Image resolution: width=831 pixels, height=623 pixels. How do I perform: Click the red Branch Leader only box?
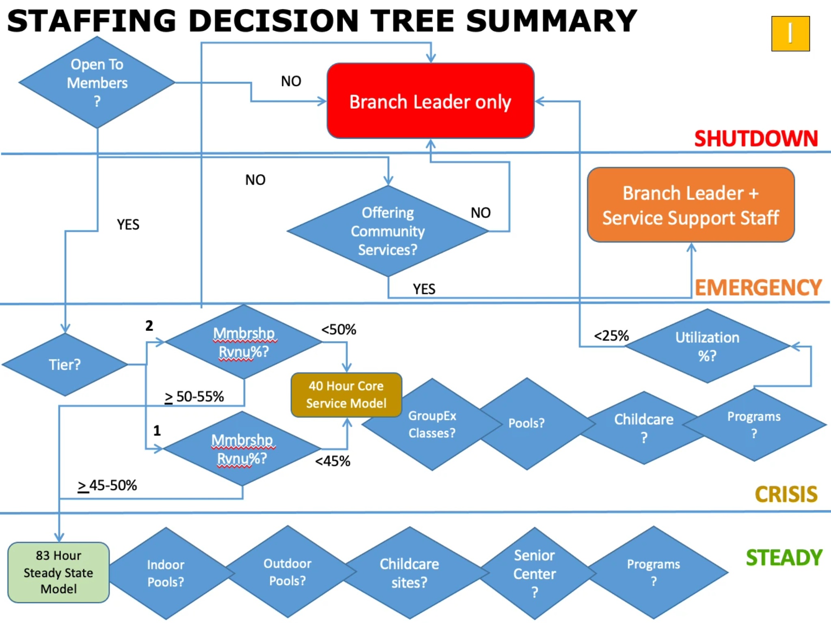tap(430, 101)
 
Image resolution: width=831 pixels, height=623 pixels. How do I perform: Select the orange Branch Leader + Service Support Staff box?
tap(691, 205)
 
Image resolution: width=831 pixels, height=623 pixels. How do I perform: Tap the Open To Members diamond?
tap(97, 82)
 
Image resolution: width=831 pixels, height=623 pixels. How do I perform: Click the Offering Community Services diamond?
tap(388, 231)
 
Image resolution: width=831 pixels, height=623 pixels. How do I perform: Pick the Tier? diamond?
tap(65, 364)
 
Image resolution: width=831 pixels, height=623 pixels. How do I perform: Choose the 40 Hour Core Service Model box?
tap(346, 395)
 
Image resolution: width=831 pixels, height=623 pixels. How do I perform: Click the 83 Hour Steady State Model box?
tap(58, 572)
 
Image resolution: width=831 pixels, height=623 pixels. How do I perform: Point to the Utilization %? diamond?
tap(707, 346)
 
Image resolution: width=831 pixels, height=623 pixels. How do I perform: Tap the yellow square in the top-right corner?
tap(790, 34)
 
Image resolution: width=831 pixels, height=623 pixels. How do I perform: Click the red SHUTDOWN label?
tap(756, 139)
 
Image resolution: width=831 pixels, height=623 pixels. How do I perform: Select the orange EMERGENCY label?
tap(758, 288)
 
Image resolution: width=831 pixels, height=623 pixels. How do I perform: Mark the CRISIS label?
tap(786, 494)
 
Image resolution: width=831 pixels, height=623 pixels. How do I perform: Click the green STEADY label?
tap(784, 558)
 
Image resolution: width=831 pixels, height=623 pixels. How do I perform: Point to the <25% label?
tap(611, 336)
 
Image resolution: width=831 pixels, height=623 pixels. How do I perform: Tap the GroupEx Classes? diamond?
tap(432, 424)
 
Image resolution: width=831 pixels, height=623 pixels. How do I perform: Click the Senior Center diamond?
tap(534, 573)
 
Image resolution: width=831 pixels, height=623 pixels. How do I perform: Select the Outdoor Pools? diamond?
tap(287, 572)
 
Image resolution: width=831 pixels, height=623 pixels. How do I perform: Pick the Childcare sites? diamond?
tap(409, 573)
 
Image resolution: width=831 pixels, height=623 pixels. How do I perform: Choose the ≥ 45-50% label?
tap(107, 485)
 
